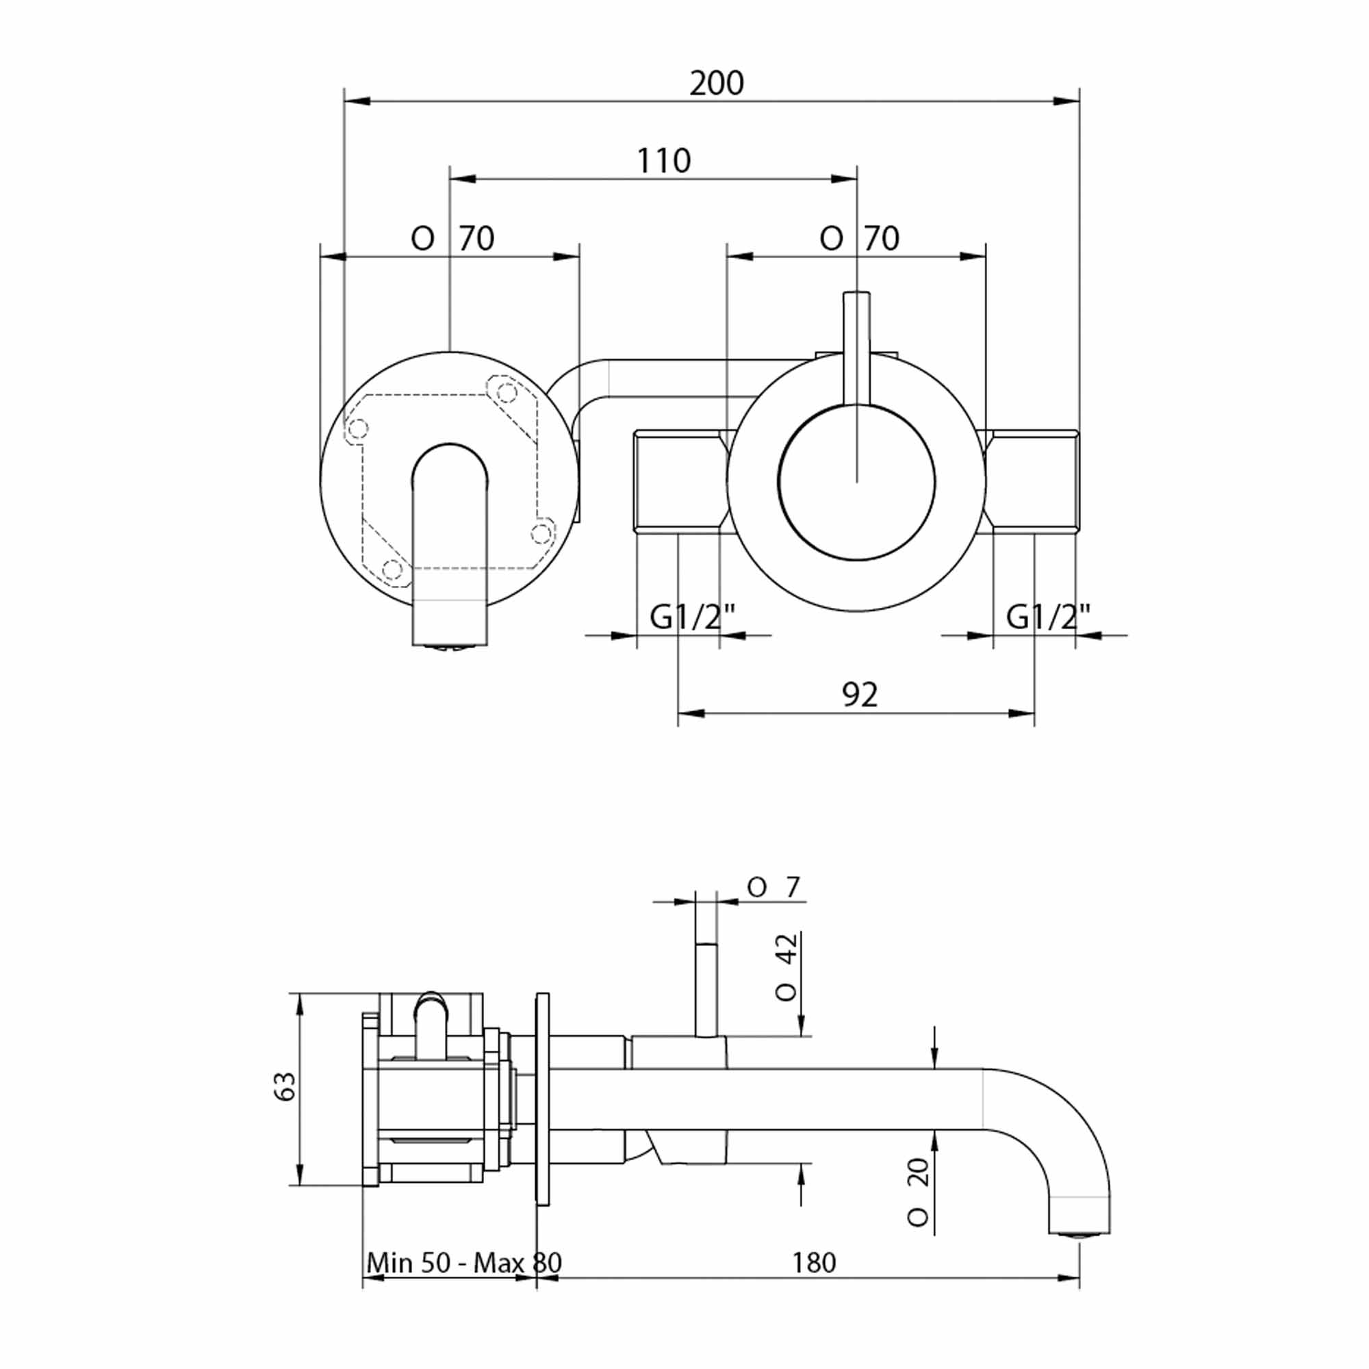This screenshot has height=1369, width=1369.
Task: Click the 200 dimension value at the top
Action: tap(717, 84)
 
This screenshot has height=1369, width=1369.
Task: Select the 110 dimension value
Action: tap(663, 161)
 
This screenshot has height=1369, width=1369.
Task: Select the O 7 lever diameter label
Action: tap(773, 887)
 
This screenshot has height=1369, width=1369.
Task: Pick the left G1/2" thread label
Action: tap(692, 618)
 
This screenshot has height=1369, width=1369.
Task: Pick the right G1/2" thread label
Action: tap(1048, 618)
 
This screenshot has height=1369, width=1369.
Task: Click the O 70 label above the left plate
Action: tap(452, 239)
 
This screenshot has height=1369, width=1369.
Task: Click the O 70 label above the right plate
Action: tap(859, 239)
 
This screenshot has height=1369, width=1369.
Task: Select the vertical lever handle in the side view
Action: tap(706, 989)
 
